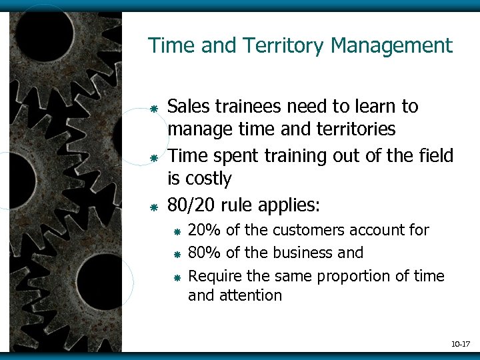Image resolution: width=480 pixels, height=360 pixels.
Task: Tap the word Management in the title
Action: pyautogui.click(x=391, y=46)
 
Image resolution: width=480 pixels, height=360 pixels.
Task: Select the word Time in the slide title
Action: pyautogui.click(x=167, y=46)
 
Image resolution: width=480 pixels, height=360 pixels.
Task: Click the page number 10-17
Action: pyautogui.click(x=460, y=345)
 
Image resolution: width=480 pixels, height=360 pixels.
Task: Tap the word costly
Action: pyautogui.click(x=208, y=179)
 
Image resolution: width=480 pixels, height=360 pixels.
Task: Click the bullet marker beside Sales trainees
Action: pyautogui.click(x=153, y=108)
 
